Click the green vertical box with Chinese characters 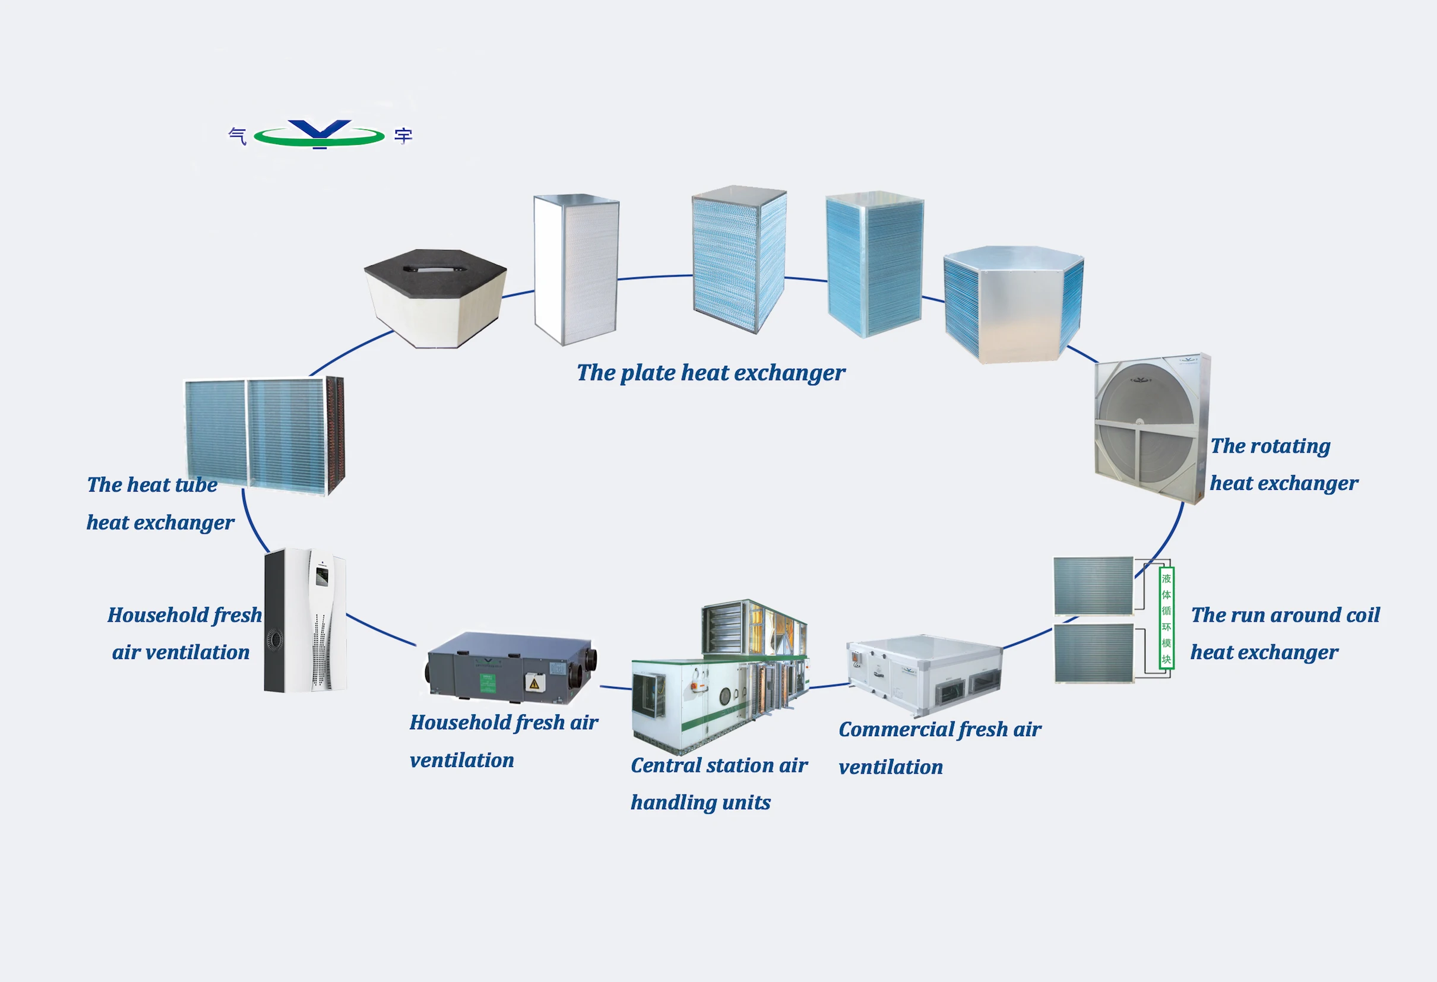point(1166,619)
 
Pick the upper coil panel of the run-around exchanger point(1093,585)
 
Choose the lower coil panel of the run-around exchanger point(1093,653)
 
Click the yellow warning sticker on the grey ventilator point(534,683)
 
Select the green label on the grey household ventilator point(489,683)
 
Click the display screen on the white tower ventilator point(321,576)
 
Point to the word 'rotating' point(1291,446)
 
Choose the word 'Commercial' point(888,730)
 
